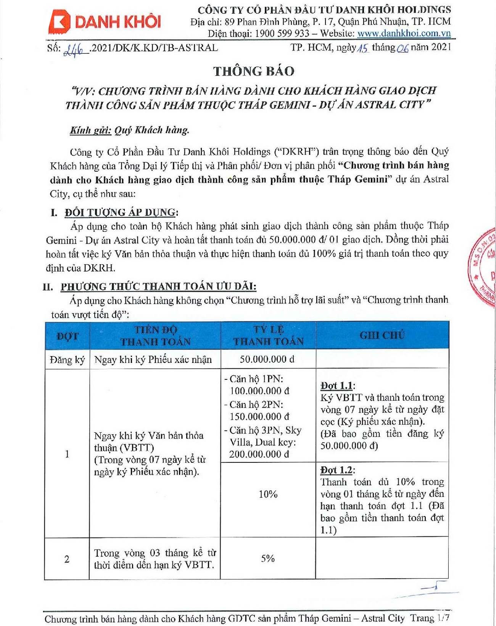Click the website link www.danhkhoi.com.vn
tap(404, 33)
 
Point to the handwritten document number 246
tap(75, 49)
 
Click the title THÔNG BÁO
tap(254, 71)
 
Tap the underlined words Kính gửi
tap(90, 130)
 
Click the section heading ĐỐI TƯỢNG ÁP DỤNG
tap(120, 212)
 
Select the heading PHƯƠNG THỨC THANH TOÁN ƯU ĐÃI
tap(158, 286)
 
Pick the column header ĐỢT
tap(67, 336)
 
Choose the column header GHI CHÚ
tap(382, 335)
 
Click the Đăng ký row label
tap(67, 360)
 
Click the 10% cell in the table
tap(268, 494)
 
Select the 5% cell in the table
tap(268, 559)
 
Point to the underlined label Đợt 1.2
tap(336, 470)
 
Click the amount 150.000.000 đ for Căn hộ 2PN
tap(259, 416)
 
